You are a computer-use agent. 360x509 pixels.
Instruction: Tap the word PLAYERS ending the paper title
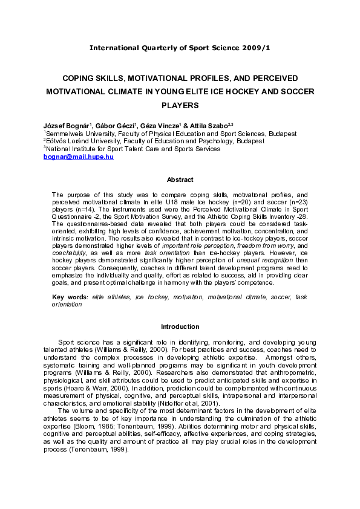tap(180, 105)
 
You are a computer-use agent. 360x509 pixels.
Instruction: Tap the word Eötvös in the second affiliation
tap(58, 141)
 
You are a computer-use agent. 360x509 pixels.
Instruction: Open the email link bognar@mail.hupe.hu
tap(78, 157)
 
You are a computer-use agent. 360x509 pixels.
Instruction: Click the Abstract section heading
tap(180, 180)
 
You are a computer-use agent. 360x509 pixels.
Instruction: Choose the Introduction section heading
tap(180, 327)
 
